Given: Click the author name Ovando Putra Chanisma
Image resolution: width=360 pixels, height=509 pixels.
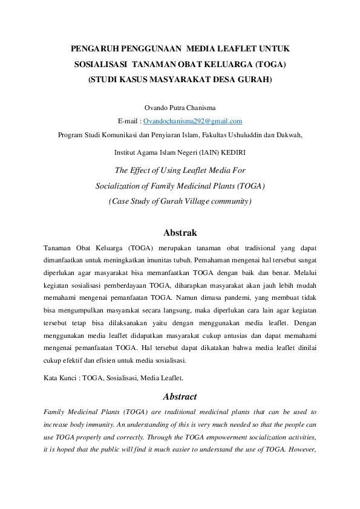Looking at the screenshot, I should click(180, 108).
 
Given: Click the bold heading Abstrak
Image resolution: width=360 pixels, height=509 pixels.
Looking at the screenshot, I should click(180, 233).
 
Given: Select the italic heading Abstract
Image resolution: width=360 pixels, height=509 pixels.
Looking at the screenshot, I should click(180, 397).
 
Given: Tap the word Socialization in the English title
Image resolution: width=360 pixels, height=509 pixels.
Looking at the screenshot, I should click(120, 186).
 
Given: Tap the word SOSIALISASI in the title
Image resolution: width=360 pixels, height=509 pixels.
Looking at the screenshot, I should click(99, 64).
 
